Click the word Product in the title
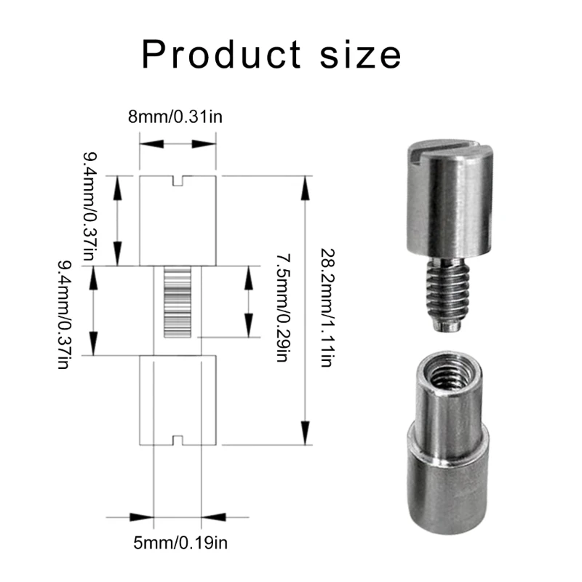218,55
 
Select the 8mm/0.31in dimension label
177,116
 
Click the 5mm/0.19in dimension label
178,541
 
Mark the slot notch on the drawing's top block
178,180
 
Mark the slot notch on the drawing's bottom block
178,440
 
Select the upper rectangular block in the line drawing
178,222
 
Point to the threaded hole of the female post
445,371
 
